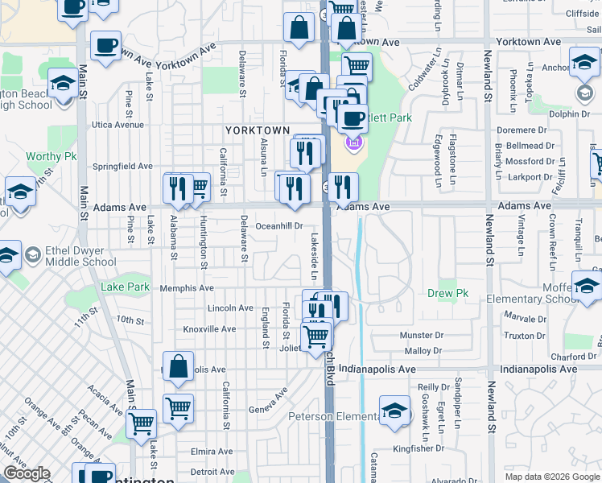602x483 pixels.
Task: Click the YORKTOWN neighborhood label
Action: click(257, 130)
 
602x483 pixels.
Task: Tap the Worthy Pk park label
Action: click(50, 156)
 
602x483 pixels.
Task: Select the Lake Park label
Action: click(125, 287)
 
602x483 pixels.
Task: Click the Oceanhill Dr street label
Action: click(278, 226)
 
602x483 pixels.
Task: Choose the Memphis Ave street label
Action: click(187, 287)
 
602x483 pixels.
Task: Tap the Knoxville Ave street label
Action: click(209, 329)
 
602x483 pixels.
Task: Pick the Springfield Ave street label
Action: click(122, 167)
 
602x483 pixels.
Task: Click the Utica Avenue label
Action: click(117, 125)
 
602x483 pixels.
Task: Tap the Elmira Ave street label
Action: click(212, 452)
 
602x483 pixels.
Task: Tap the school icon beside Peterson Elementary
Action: click(394, 411)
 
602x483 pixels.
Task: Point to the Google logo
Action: click(27, 474)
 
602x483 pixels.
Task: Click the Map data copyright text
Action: click(552, 477)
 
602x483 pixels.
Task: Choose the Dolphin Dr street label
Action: click(573, 114)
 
